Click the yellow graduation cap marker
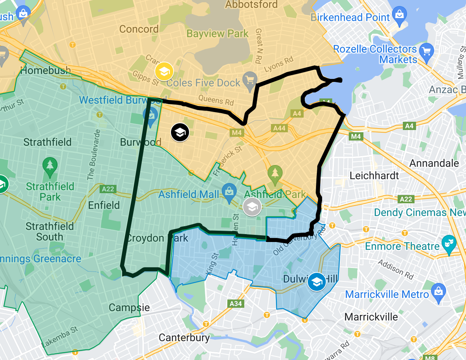pyautogui.click(x=164, y=71)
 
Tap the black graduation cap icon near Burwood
pyautogui.click(x=180, y=132)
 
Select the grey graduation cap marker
pyautogui.click(x=252, y=206)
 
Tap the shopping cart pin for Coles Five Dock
pyautogui.click(x=250, y=80)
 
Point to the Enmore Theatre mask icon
pyautogui.click(x=448, y=243)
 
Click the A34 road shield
pyautogui.click(x=236, y=304)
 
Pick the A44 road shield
pyautogui.click(x=279, y=128)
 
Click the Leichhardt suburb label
pyautogui.click(x=374, y=175)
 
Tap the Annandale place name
pyautogui.click(x=434, y=163)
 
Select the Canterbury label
pyautogui.click(x=184, y=337)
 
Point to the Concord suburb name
pyautogui.click(x=139, y=29)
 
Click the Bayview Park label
pyautogui.click(x=217, y=34)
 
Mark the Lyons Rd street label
pyautogui.click(x=278, y=64)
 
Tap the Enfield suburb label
pyautogui.click(x=104, y=205)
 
